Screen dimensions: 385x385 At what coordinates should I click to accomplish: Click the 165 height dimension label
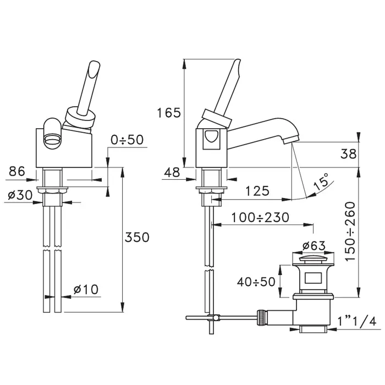tap(169, 113)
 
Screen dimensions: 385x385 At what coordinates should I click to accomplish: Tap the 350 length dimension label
tap(137, 237)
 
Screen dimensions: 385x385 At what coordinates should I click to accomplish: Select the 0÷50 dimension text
tap(127, 140)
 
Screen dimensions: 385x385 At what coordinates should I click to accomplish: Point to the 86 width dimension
tap(17, 171)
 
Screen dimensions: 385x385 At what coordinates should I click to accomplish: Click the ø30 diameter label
tap(20, 195)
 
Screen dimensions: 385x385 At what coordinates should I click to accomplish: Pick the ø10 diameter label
tap(86, 289)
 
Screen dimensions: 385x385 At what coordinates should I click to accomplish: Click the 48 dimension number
tap(172, 172)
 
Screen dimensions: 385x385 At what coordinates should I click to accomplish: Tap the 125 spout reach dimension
tap(257, 191)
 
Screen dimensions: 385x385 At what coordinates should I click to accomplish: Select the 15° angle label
tap(321, 181)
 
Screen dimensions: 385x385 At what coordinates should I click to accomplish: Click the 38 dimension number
tap(348, 154)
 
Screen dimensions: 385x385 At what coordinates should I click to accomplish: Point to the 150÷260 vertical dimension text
tap(350, 232)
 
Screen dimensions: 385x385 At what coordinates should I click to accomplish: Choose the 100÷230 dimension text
tap(260, 217)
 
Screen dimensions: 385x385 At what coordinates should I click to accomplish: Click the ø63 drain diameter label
tap(314, 245)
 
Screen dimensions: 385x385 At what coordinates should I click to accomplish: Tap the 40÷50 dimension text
tap(256, 282)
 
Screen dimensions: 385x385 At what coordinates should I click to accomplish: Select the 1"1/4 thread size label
tap(357, 321)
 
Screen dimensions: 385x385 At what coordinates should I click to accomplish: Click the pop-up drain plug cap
tap(313, 258)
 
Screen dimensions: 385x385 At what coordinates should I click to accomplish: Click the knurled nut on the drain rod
tap(261, 318)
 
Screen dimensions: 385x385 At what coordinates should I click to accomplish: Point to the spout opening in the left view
tap(52, 141)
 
